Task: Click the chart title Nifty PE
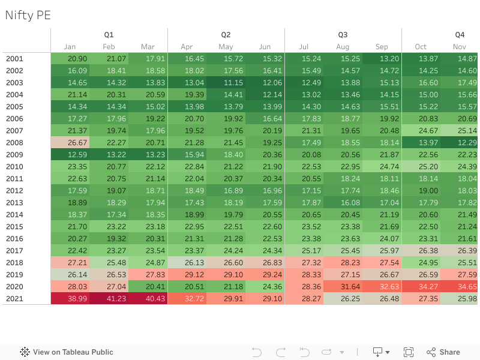[28, 16]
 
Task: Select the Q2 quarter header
[226, 35]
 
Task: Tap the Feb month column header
[109, 47]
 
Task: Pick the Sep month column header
[382, 47]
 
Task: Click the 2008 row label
[14, 142]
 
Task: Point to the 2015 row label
[14, 226]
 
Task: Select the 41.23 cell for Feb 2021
[109, 298]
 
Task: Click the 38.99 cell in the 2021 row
[70, 298]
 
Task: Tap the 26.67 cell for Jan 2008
[70, 142]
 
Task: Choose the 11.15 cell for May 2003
[226, 82]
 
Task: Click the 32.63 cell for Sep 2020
[382, 286]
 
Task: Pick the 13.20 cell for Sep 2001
[382, 58]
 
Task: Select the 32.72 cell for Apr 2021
[187, 298]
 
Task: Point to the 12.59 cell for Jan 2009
[70, 154]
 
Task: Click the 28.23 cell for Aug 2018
[343, 262]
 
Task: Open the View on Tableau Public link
[67, 352]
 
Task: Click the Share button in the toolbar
[443, 352]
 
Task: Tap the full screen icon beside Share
[409, 352]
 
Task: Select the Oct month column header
[421, 47]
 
